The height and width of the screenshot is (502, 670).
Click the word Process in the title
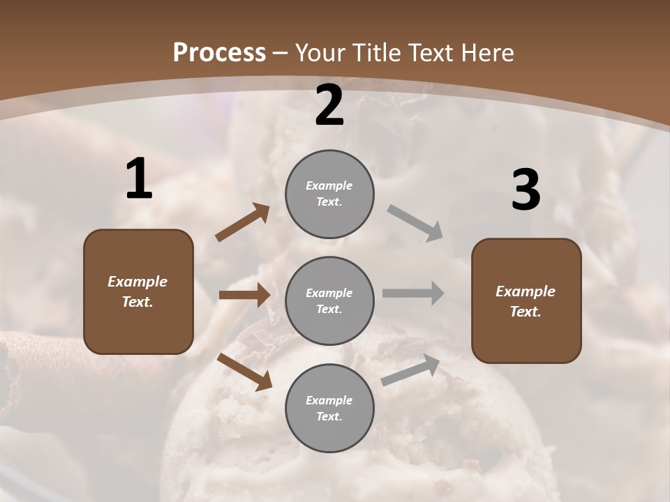[x=219, y=52]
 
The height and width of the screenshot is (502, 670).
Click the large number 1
[x=139, y=180]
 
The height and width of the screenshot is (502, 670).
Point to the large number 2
[x=329, y=106]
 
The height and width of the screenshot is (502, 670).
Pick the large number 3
[x=526, y=190]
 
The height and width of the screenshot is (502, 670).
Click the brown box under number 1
[x=138, y=291]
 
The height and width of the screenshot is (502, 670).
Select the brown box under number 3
[x=526, y=301]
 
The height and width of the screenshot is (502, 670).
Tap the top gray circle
[x=329, y=194]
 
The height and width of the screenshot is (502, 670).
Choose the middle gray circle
[x=329, y=301]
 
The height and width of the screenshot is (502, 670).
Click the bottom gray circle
[x=329, y=408]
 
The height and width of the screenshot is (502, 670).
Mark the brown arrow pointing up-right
[x=243, y=222]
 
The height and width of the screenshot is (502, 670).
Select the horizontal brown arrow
[x=244, y=295]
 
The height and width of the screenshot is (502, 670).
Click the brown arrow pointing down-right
[x=244, y=371]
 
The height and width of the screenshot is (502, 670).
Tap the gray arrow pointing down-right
[x=415, y=222]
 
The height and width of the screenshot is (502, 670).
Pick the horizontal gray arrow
[x=413, y=293]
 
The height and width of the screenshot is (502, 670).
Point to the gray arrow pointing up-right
[x=410, y=370]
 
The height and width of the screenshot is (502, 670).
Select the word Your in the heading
[x=320, y=52]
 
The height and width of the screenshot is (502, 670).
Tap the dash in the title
[x=281, y=53]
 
